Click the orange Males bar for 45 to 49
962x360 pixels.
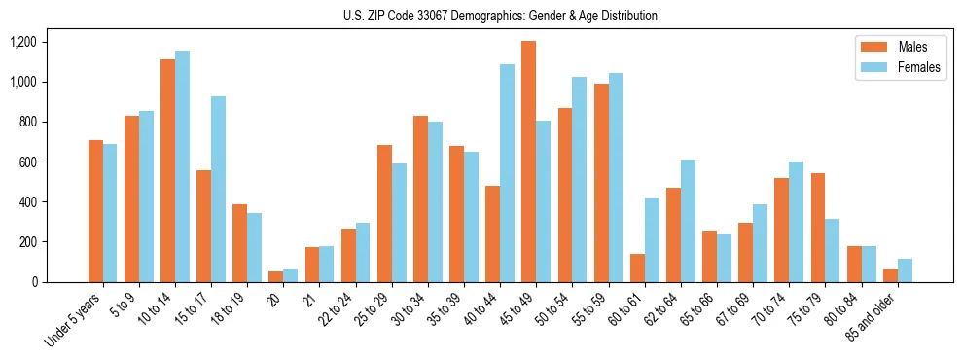pos(528,162)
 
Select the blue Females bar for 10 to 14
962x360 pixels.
pos(182,166)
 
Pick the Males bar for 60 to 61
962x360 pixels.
pos(637,268)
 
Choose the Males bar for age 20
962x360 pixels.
pos(276,276)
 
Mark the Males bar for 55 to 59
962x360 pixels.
pos(601,183)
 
